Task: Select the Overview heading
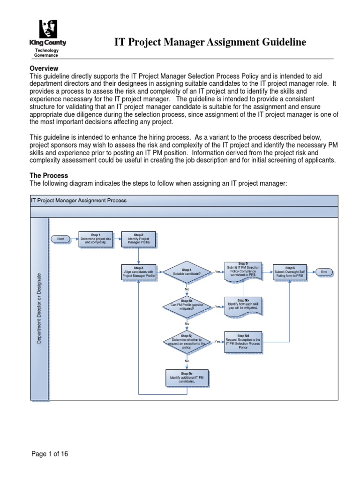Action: pyautogui.click(x=44, y=68)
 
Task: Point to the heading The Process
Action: pyautogui.click(x=49, y=175)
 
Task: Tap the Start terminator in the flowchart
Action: pyautogui.click(x=60, y=239)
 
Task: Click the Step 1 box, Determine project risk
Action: pyautogui.click(x=96, y=239)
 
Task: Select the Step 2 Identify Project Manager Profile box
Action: pyautogui.click(x=138, y=239)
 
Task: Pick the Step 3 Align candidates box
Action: pyautogui.click(x=138, y=272)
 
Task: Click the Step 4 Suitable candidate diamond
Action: pyautogui.click(x=187, y=272)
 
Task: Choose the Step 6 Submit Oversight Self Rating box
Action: pyautogui.click(x=290, y=272)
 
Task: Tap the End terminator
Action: pyautogui.click(x=324, y=272)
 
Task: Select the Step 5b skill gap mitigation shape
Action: pyautogui.click(x=243, y=305)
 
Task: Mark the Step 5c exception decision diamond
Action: pyautogui.click(x=187, y=341)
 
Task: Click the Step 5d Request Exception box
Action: pyautogui.click(x=243, y=341)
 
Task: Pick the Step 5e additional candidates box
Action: pyautogui.click(x=187, y=378)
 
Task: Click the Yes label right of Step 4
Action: pyautogui.click(x=217, y=272)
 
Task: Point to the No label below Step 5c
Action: pyautogui.click(x=187, y=361)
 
